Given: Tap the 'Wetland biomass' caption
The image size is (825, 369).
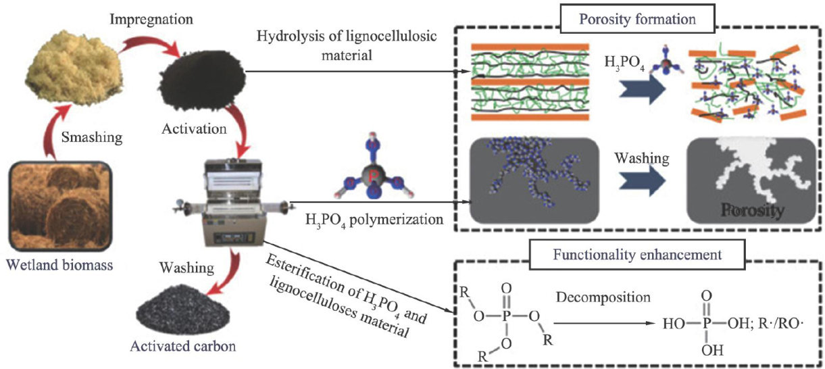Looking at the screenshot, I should (59, 265).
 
